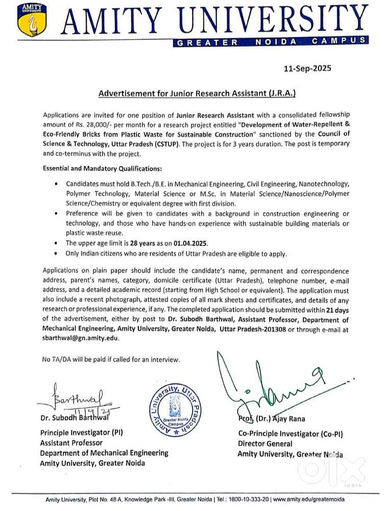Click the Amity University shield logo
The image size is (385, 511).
29,21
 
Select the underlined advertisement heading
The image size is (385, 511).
197,94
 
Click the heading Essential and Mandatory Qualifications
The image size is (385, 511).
103,168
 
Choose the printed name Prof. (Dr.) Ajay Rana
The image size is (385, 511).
271,419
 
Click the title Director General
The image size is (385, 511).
265,444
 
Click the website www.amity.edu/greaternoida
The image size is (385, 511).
309,499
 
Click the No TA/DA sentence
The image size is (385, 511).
111,359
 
